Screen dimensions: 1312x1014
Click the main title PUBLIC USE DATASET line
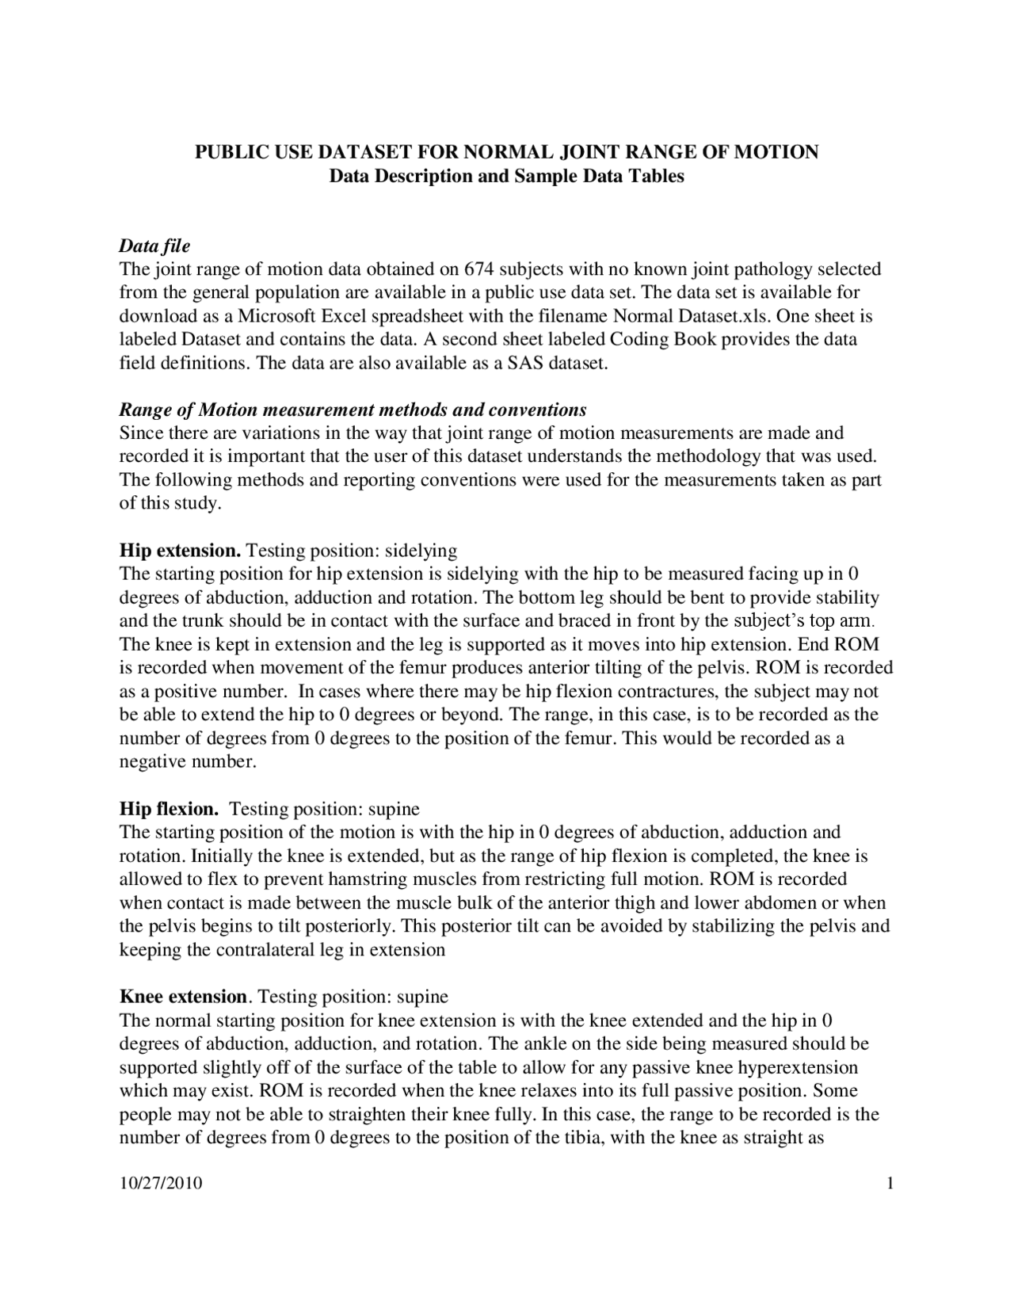coord(507,151)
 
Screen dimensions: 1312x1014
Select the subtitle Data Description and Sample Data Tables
coord(507,175)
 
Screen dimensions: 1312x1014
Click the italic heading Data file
coord(154,246)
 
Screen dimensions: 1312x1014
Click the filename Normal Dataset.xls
coord(692,316)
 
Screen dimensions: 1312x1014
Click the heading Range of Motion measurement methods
coord(353,410)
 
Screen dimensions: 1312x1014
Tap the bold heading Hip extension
coord(180,550)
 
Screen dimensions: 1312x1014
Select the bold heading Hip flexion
coord(169,809)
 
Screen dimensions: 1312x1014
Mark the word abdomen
coord(784,903)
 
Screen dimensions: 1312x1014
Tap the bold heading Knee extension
coord(183,996)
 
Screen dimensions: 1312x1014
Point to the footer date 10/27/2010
coord(161,1184)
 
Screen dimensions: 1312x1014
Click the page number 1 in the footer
coord(890,1184)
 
